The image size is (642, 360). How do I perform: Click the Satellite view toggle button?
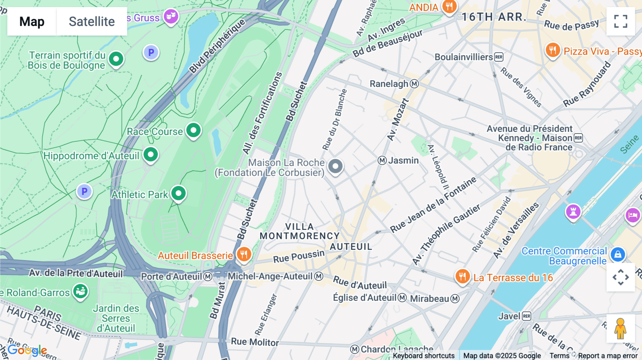point(92,21)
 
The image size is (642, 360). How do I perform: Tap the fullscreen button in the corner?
point(621,21)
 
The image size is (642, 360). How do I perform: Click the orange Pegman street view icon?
point(621,328)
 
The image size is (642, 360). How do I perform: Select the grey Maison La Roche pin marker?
point(335,166)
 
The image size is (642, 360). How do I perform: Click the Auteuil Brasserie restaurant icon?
point(244,254)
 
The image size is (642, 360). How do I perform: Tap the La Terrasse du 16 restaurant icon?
point(463,277)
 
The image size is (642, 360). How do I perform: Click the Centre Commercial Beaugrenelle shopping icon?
point(618,254)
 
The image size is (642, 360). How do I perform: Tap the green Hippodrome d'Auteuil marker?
point(151,155)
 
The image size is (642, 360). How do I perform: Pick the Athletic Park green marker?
point(178,194)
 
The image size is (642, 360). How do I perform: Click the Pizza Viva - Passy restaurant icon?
point(553,50)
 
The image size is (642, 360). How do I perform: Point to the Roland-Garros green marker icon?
point(81,291)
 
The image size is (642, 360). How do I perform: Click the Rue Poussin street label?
point(299,256)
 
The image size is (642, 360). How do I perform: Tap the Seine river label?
point(629,144)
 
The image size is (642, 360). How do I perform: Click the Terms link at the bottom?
point(559,355)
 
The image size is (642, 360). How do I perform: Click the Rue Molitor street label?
point(255,342)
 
